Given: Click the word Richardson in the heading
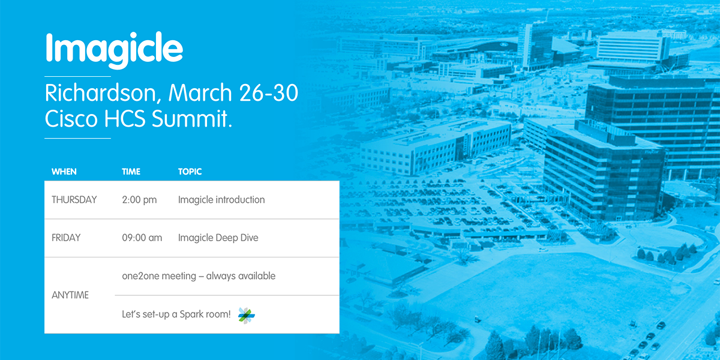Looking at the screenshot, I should [103, 94].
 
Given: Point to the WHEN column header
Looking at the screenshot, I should [64, 172].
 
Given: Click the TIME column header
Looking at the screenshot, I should [131, 172].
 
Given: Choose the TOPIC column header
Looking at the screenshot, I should [190, 172].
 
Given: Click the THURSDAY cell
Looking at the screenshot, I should [74, 200].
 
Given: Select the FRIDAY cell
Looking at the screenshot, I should [66, 238].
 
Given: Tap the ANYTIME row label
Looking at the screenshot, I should [70, 295].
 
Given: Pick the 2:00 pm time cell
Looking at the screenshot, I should [139, 200].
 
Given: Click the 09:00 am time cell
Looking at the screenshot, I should [142, 238].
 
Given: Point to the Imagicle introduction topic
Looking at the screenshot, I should [221, 200].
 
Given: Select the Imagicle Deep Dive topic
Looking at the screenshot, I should [218, 238].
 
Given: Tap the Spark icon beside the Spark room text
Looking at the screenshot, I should [247, 315].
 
